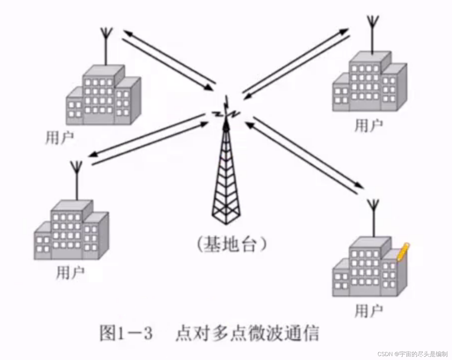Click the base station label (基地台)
click(x=232, y=244)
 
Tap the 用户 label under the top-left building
click(x=59, y=138)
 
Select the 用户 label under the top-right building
click(x=368, y=125)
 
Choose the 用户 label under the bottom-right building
click(x=368, y=311)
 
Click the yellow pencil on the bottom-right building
click(x=403, y=252)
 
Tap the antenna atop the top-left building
click(x=106, y=45)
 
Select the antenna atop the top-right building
click(x=372, y=33)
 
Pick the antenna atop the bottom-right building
click(x=373, y=218)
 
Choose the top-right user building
click(x=369, y=82)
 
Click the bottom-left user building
click(x=71, y=231)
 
